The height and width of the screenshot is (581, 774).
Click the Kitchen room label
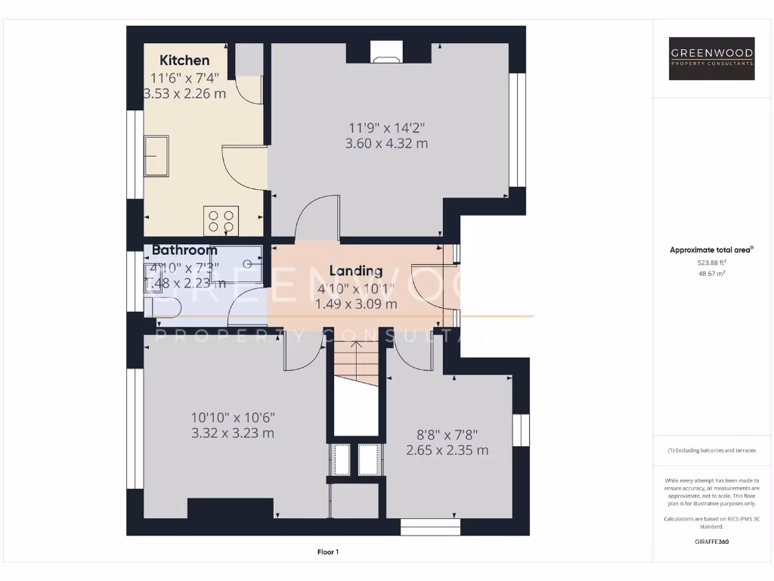coord(184,61)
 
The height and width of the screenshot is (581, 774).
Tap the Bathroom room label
coord(184,250)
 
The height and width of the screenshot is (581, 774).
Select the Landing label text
coord(356,271)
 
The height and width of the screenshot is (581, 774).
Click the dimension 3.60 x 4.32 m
coord(386,143)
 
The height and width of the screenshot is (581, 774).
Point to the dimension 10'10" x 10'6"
coord(233,417)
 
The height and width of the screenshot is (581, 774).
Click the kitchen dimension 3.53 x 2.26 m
coord(184,94)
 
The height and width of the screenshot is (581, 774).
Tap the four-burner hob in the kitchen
coord(221,221)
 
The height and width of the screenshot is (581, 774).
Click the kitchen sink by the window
coord(157,156)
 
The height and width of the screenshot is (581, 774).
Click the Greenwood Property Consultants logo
coord(712,58)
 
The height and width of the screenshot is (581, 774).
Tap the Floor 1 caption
coord(327,552)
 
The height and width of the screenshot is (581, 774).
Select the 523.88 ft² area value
coord(711,262)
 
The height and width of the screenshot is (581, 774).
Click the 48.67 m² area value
coord(711,273)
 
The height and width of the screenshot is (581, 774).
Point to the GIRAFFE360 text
coord(711,542)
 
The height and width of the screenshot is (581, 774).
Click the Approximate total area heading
coord(711,250)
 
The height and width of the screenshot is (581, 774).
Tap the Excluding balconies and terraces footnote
coord(711,450)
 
